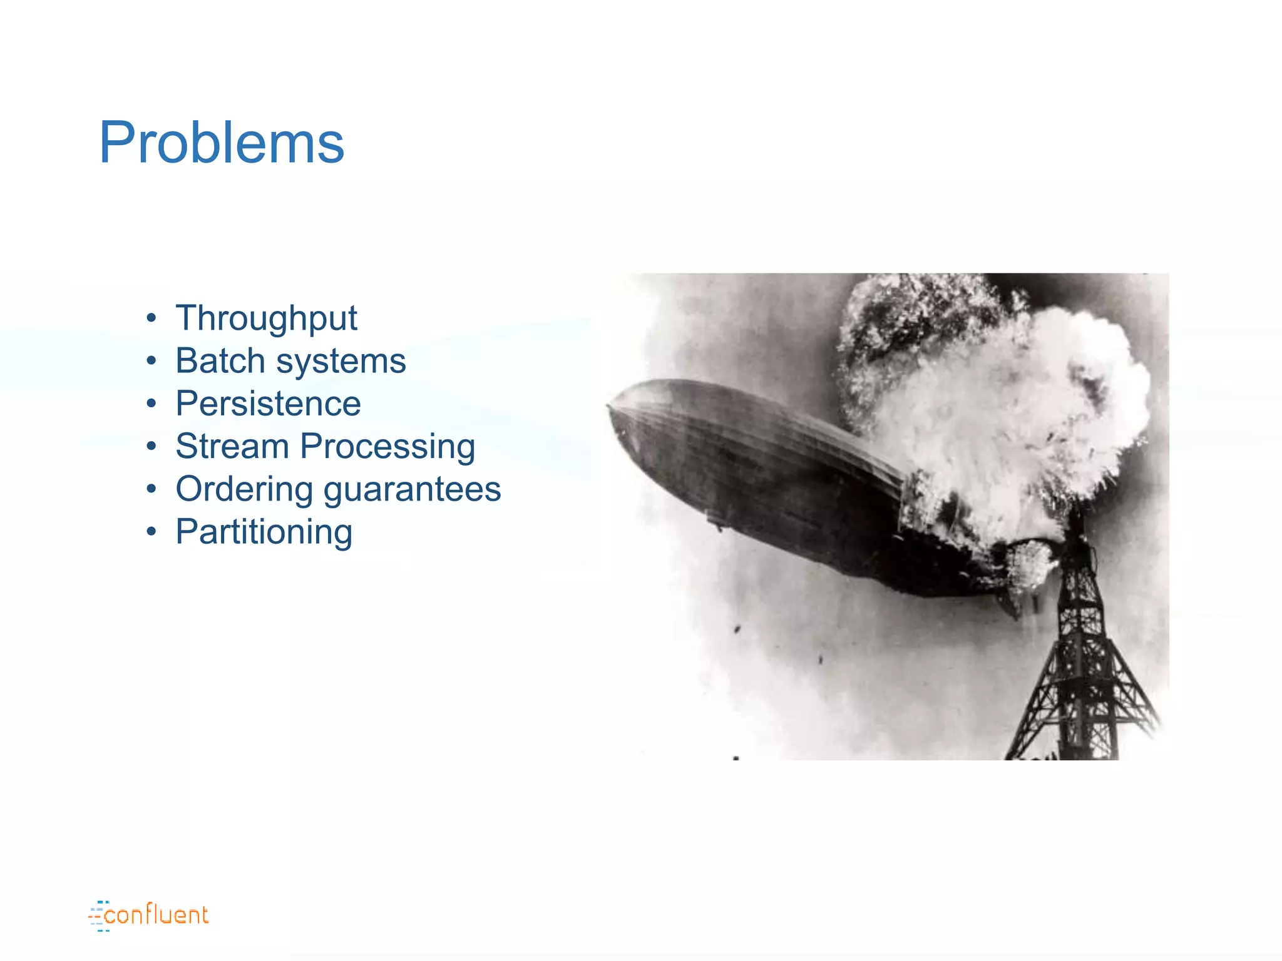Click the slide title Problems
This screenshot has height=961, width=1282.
[x=222, y=143]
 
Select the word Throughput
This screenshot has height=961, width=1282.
[x=266, y=318]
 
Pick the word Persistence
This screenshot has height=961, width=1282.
[x=268, y=404]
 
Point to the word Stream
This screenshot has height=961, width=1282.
[x=232, y=447]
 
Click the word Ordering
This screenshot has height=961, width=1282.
[x=244, y=489]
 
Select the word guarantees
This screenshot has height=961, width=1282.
[x=412, y=490]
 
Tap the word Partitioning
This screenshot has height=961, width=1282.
[x=264, y=532]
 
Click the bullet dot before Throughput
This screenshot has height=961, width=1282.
[x=151, y=318]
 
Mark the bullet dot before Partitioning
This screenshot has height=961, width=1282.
[x=151, y=532]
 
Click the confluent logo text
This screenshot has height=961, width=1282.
[x=156, y=915]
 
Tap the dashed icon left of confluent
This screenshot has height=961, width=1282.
[x=98, y=916]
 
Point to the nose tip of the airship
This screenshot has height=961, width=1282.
[x=610, y=406]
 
